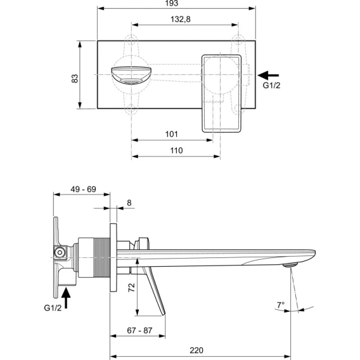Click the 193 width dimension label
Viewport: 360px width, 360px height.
pyautogui.click(x=172, y=3)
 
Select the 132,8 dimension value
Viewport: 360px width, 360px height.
pyautogui.click(x=181, y=19)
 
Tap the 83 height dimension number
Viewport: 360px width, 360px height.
pyautogui.click(x=75, y=79)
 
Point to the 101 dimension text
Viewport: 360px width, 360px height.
pyautogui.click(x=172, y=134)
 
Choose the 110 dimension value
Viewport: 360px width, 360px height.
pyautogui.click(x=176, y=151)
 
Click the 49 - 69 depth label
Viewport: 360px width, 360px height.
pyautogui.click(x=83, y=190)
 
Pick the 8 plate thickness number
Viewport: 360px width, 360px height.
pyautogui.click(x=129, y=203)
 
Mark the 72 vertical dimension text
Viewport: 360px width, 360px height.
pyautogui.click(x=132, y=287)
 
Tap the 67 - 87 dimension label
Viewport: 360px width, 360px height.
pyautogui.click(x=139, y=330)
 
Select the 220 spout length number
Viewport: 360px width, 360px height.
pyautogui.click(x=196, y=350)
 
